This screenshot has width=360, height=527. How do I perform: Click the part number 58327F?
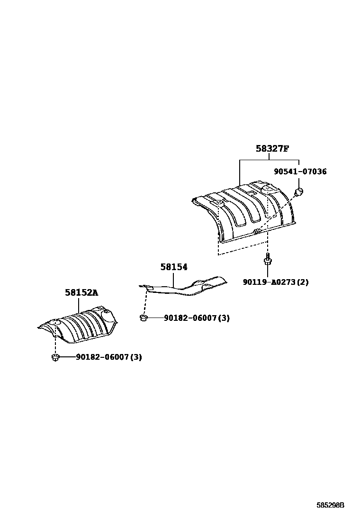(x=272, y=149)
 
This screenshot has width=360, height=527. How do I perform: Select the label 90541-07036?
(x=300, y=172)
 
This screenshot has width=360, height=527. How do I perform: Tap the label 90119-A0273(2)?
(x=276, y=282)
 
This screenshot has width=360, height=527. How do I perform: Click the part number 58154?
(x=174, y=267)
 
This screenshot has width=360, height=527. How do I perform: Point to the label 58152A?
(x=81, y=293)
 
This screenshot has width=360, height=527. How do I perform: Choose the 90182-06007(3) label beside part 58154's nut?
(x=197, y=318)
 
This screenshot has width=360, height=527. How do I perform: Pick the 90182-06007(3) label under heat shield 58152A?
(x=108, y=357)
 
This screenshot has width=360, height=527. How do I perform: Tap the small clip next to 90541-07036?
(x=298, y=192)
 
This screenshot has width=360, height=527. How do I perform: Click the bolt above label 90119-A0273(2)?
(x=268, y=260)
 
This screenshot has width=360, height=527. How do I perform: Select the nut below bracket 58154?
(x=143, y=318)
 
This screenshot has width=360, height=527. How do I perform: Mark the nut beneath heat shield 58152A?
(x=55, y=357)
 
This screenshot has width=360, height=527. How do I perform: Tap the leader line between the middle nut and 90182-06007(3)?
(x=154, y=318)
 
